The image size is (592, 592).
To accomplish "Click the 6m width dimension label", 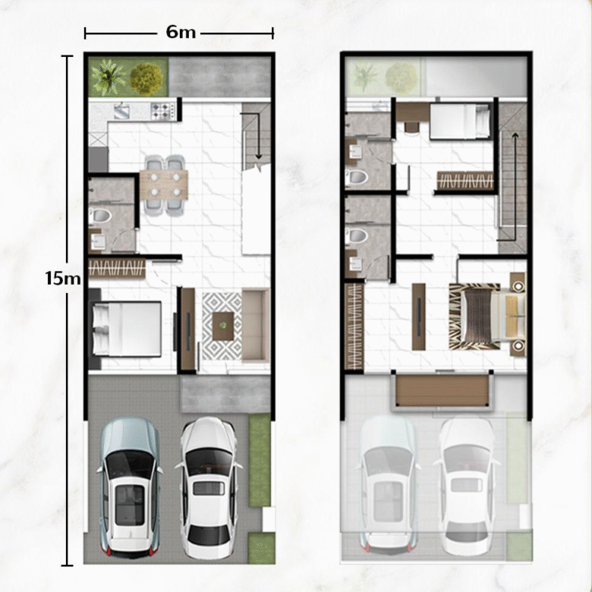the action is pos(181,33).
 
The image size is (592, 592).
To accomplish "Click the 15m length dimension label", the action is pos(63,279).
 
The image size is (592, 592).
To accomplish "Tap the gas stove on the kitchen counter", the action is pos(163,112).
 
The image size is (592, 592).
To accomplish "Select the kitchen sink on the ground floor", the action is pos(121,111).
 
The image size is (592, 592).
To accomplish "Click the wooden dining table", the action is pos(164,184).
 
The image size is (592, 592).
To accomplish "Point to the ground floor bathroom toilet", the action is pos(101,216).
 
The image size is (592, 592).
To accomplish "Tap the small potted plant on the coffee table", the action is pos(223,325).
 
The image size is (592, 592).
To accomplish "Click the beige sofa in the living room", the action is pos(256,326).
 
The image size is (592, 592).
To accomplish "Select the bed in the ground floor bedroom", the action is pos(127,328).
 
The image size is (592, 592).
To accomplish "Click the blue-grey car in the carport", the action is pos(130,487).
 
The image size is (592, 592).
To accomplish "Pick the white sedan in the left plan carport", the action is pos(209,487).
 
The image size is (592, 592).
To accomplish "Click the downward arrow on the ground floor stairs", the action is pos(258,136).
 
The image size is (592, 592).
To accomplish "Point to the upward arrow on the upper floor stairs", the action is pos(514,187).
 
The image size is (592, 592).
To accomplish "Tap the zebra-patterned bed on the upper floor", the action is pos(487,316).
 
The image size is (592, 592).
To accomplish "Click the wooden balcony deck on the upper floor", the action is pos(442,390).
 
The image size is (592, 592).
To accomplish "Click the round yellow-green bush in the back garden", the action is pos(146,78).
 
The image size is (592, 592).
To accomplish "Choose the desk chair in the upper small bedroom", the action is pos(411,127).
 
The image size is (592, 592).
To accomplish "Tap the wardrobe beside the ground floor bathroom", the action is pos(117,269).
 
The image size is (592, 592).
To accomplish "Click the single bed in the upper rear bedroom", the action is pos(460,121).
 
